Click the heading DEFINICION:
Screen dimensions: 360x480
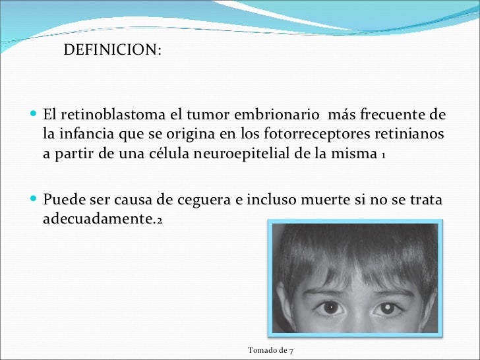(x=111, y=51)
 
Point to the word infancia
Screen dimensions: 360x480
(x=90, y=135)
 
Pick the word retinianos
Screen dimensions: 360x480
(x=409, y=135)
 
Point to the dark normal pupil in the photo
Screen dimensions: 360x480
(x=328, y=307)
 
